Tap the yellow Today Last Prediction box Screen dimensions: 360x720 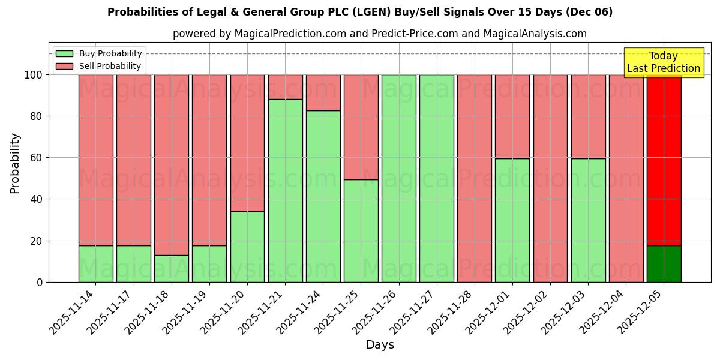664,62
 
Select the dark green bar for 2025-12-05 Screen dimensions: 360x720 664,263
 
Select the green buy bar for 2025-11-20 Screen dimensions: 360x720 247,247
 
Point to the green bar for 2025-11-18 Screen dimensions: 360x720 172,268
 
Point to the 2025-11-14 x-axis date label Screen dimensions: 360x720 71,312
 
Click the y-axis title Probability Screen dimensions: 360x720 15,163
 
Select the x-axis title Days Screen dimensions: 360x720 380,345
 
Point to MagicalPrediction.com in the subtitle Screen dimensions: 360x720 290,34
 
